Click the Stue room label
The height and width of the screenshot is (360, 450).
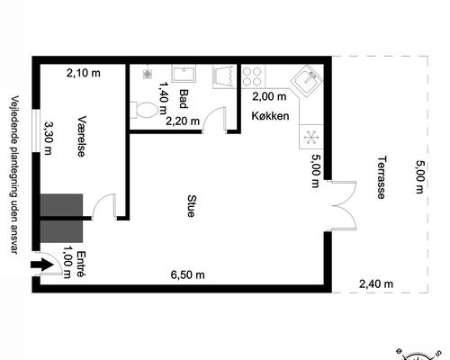point(191,206)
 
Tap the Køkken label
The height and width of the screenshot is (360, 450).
point(270,116)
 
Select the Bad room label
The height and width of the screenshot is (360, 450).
point(184,99)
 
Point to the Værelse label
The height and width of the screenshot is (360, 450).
point(82,136)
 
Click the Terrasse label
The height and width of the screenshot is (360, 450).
point(381,177)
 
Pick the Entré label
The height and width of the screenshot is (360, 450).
point(81,265)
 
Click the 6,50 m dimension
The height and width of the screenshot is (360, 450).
point(188,274)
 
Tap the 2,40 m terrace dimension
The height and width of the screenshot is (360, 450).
point(376,283)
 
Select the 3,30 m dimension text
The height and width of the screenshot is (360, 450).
point(48,138)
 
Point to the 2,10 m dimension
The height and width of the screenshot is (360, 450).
point(84,73)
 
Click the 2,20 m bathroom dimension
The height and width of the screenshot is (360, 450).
point(183,121)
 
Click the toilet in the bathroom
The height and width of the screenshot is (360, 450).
point(144,110)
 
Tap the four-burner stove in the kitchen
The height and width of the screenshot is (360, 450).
point(254,76)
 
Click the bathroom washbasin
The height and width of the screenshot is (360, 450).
point(184,74)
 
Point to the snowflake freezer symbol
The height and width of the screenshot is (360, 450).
point(311,137)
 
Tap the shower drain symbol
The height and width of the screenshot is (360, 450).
point(148,74)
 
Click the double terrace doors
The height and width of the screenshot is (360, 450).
point(344,206)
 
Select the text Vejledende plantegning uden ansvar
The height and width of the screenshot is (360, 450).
point(14,175)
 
